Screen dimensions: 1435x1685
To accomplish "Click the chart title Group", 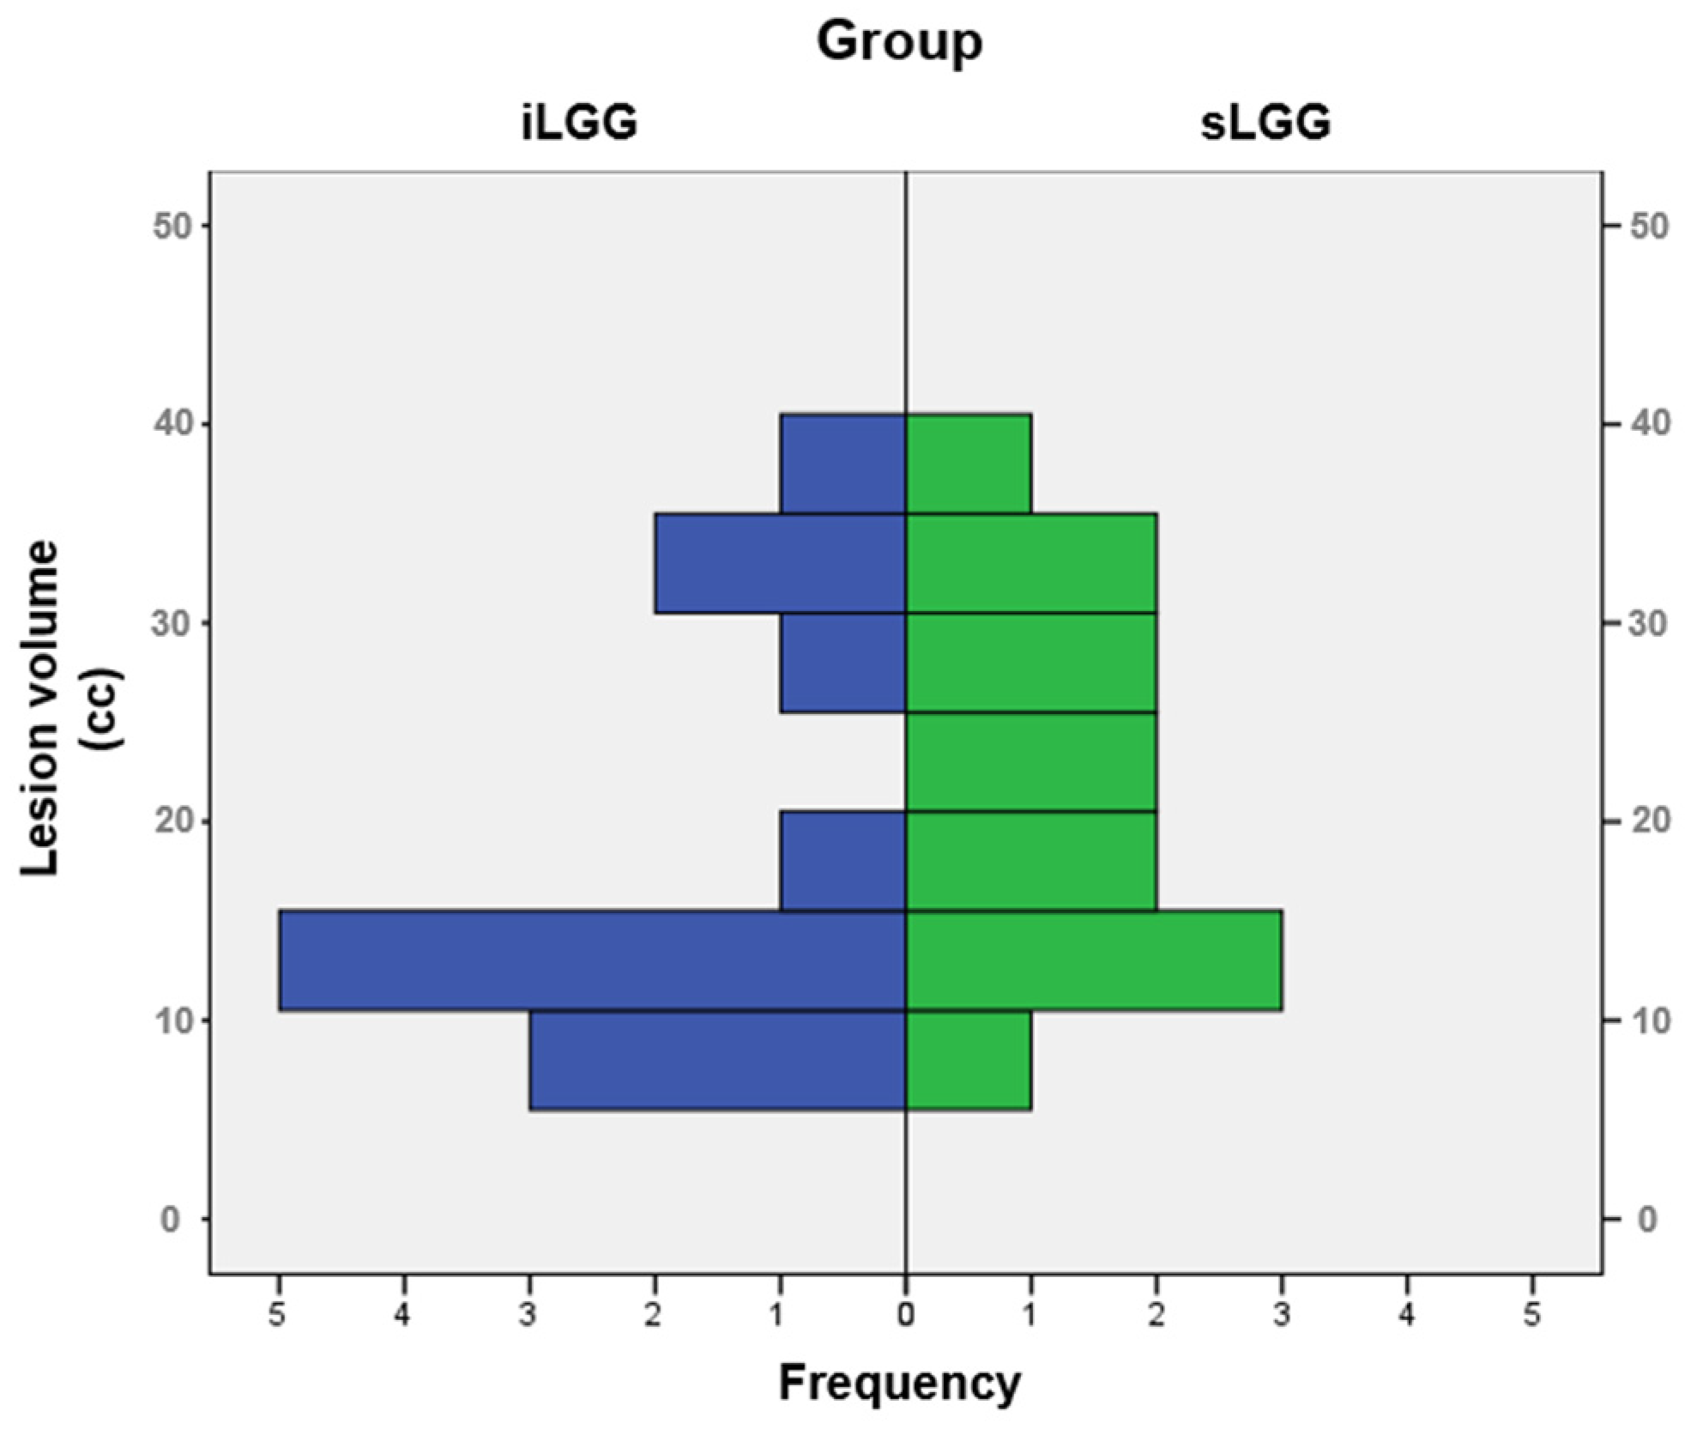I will pyautogui.click(x=899, y=41).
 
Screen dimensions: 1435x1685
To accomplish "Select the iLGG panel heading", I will pyautogui.click(x=579, y=123).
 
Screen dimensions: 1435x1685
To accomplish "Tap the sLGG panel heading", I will pyautogui.click(x=1265, y=123).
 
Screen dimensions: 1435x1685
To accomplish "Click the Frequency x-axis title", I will pyautogui.click(x=899, y=1383).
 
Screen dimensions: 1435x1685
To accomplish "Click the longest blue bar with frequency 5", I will pyautogui.click(x=592, y=960).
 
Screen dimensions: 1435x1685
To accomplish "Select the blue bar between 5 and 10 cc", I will pyautogui.click(x=717, y=1061).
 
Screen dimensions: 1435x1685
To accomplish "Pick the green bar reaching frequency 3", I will pyautogui.click(x=1094, y=960).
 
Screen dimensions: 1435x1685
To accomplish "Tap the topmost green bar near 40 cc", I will pyautogui.click(x=968, y=463).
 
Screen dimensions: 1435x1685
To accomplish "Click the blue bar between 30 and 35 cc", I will pyautogui.click(x=780, y=563).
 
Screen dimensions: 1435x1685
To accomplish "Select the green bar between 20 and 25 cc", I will pyautogui.click(x=1031, y=761).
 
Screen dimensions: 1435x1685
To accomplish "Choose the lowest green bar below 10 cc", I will pyautogui.click(x=968, y=1061).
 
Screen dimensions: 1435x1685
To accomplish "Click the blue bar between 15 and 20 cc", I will pyautogui.click(x=842, y=861).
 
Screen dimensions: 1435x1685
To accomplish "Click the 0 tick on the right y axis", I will pyautogui.click(x=1646, y=1220).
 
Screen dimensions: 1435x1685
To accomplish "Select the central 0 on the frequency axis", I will pyautogui.click(x=906, y=1315).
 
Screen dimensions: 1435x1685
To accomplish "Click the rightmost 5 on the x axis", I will pyautogui.click(x=1532, y=1315).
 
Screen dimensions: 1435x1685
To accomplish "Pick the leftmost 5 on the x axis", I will pyautogui.click(x=277, y=1315).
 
